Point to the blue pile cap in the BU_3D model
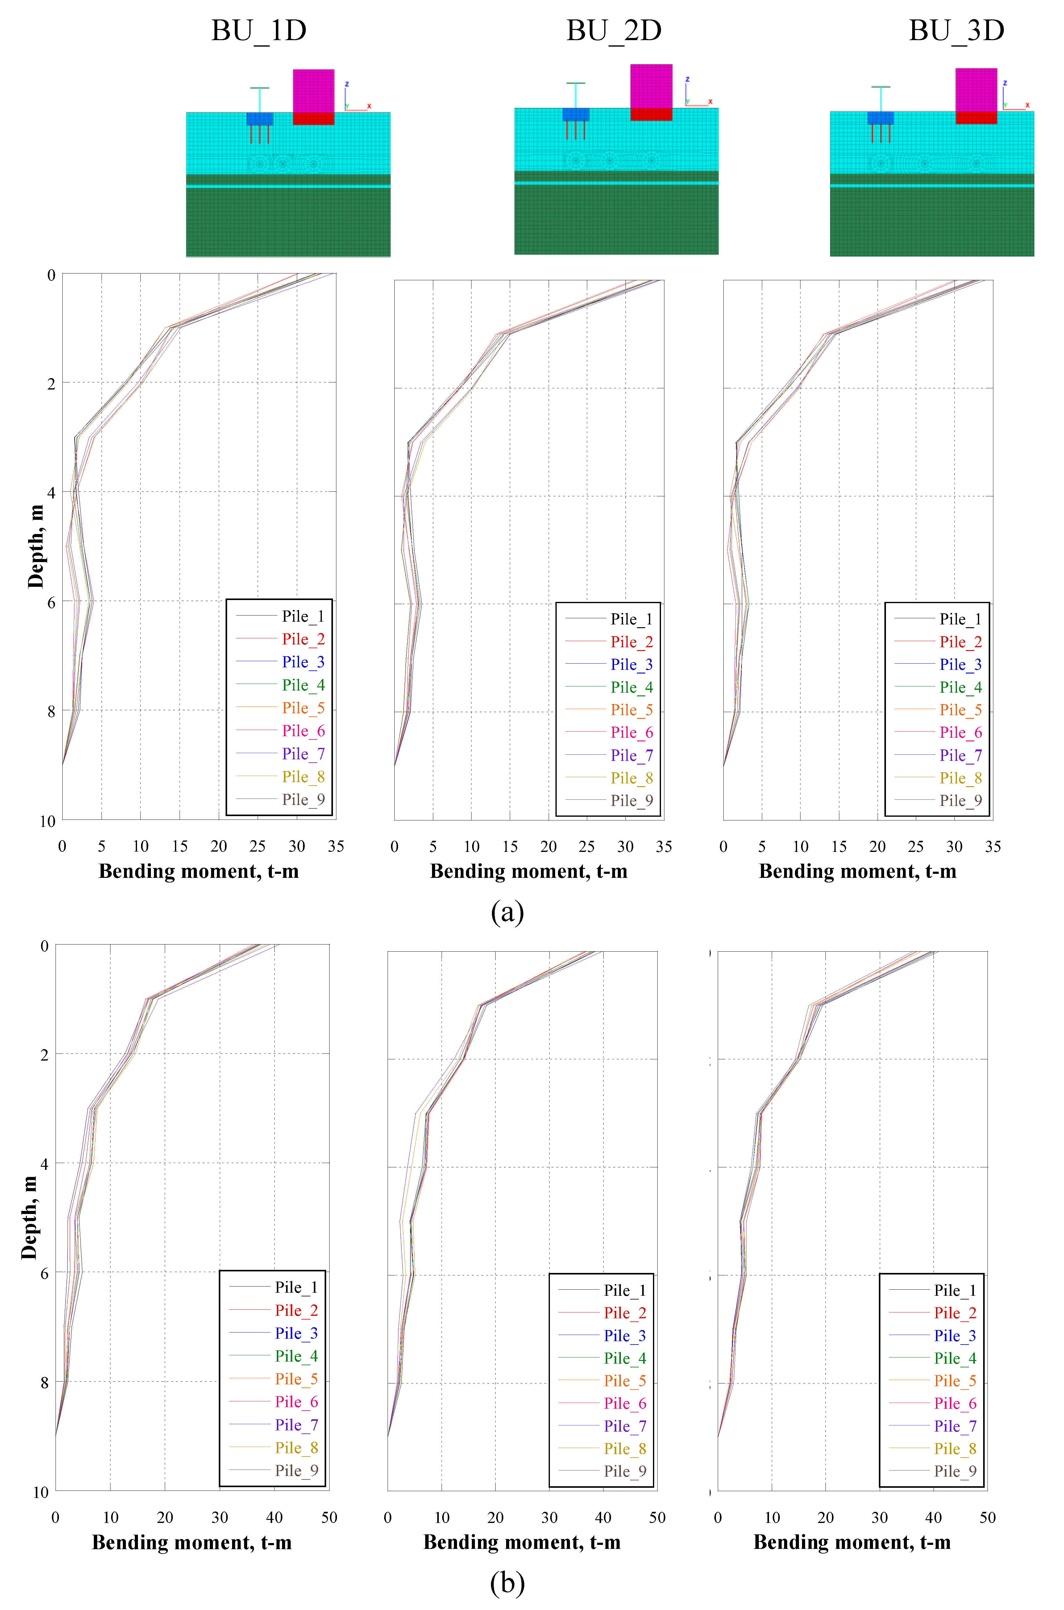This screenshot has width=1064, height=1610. click(x=880, y=118)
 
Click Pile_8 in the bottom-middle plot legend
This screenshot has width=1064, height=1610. click(x=625, y=1449)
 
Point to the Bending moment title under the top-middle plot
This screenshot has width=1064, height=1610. click(x=529, y=872)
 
